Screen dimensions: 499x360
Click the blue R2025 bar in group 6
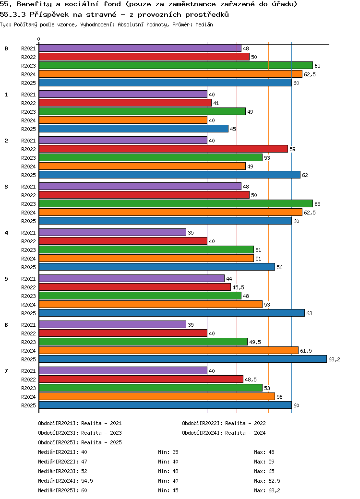pos(182,359)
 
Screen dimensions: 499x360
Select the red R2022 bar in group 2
pos(163,149)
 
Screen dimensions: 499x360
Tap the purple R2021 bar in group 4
pos(112,232)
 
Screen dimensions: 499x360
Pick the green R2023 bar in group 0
pos(176,65)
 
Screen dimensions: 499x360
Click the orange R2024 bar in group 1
pos(123,120)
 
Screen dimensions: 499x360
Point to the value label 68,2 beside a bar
pos(334,359)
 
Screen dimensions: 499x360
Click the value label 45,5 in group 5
pos(238,287)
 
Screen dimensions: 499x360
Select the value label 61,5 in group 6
pos(306,351)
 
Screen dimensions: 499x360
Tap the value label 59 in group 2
pos(292,149)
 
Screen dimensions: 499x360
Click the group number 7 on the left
pos(6,371)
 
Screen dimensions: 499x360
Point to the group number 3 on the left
pos(6,187)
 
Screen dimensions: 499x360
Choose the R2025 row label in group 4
pos(29,267)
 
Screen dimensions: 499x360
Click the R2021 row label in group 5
pos(29,279)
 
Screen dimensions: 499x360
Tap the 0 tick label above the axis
pos(39,39)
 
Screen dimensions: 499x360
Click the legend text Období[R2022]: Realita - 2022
pos(224,423)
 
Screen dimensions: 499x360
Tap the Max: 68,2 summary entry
pos(267,490)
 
